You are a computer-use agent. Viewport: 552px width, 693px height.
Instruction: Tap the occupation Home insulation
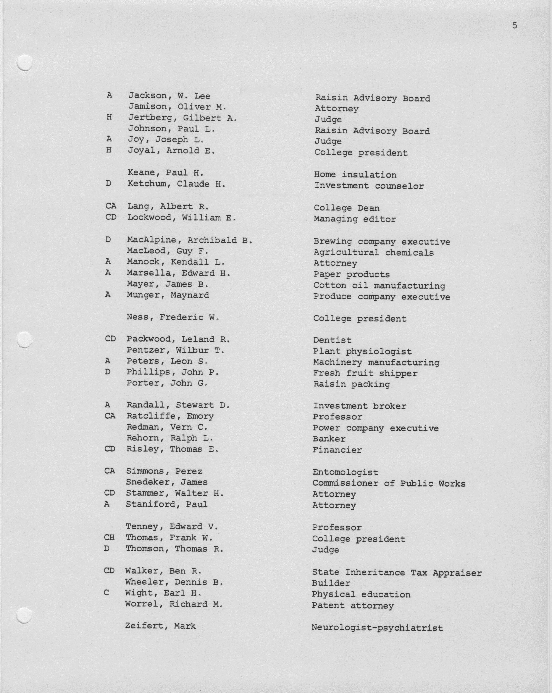click(x=355, y=175)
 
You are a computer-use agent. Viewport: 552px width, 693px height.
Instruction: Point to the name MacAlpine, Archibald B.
click(x=189, y=240)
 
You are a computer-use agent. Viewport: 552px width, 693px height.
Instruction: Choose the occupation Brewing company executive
click(x=382, y=242)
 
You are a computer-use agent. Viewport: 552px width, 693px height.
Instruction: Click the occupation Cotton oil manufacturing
click(x=379, y=286)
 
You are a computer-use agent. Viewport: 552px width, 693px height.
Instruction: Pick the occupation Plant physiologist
click(x=362, y=352)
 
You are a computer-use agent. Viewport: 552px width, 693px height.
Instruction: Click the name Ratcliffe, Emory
click(x=170, y=416)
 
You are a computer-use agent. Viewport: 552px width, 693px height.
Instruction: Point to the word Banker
click(x=329, y=439)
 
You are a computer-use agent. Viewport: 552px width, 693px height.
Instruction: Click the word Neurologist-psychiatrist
click(x=377, y=628)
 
